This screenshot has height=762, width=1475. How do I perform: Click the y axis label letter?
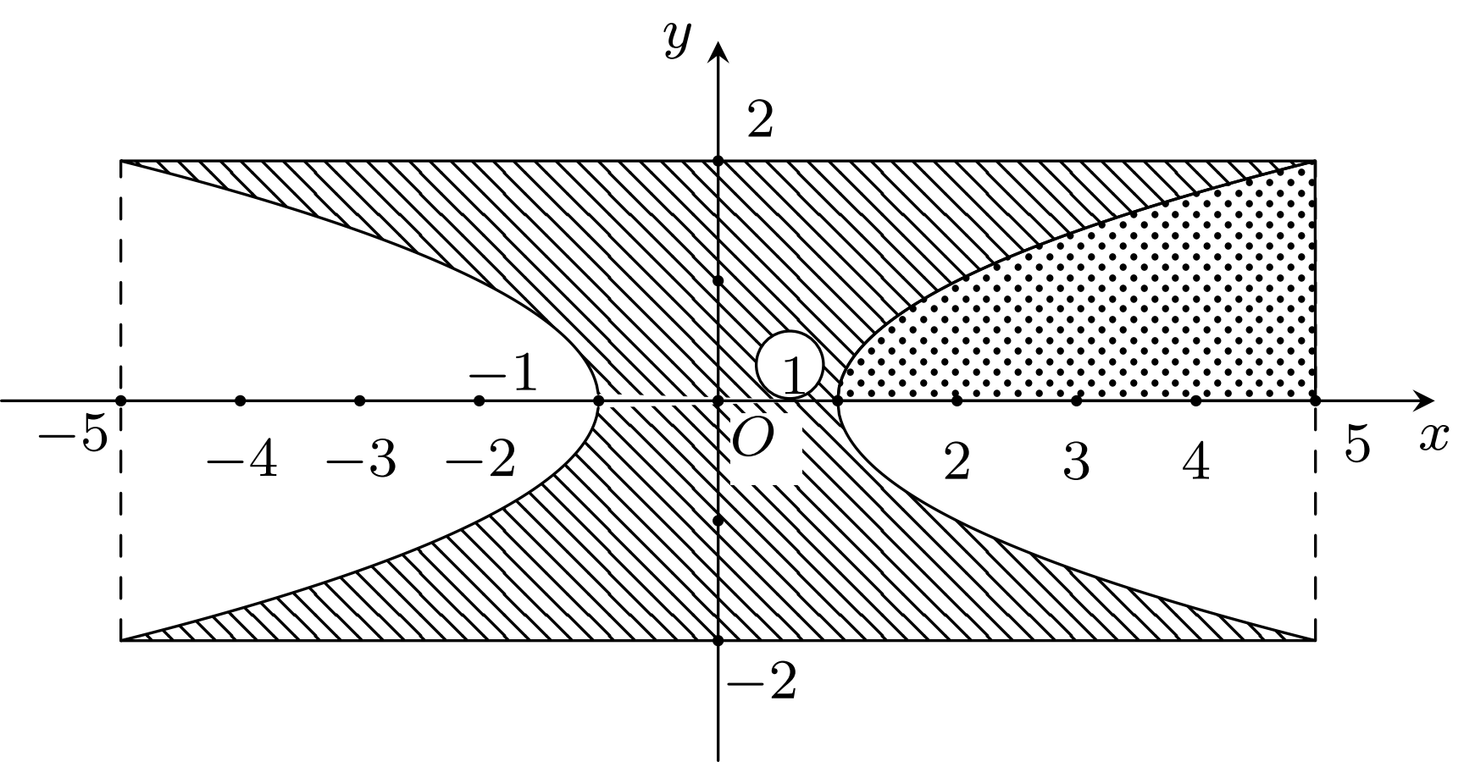coord(678,39)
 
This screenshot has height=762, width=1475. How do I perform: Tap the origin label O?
coord(752,439)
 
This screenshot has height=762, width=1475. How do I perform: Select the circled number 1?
coord(790,366)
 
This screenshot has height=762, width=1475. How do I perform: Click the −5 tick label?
coord(73,437)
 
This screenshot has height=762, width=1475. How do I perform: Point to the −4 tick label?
coord(242,462)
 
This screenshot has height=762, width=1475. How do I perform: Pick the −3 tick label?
coord(362,462)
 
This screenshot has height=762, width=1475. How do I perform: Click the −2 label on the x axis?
coord(480,462)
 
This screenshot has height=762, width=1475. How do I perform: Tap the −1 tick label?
coord(503,373)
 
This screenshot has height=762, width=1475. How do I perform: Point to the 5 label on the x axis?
coord(1357,444)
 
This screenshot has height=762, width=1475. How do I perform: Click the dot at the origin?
coord(718,400)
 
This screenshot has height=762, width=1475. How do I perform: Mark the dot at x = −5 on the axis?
coord(120,400)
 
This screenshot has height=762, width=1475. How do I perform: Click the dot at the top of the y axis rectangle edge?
coord(718,161)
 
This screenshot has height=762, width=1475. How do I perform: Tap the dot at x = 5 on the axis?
coord(1316,400)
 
